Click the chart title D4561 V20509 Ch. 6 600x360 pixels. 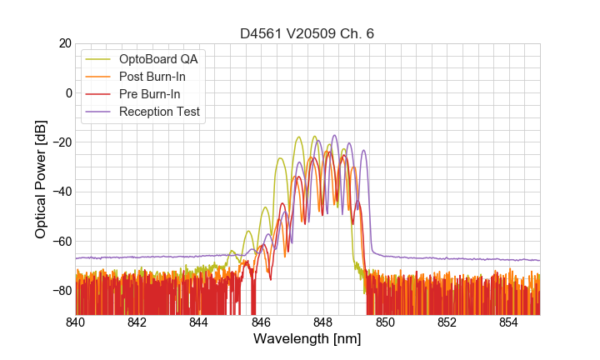(307, 34)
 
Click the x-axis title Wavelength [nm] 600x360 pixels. (307, 340)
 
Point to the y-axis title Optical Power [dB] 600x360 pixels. (41, 179)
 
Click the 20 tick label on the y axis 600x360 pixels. (63, 43)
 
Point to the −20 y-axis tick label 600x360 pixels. (59, 142)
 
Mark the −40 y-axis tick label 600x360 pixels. (59, 192)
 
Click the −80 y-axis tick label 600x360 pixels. (59, 291)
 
